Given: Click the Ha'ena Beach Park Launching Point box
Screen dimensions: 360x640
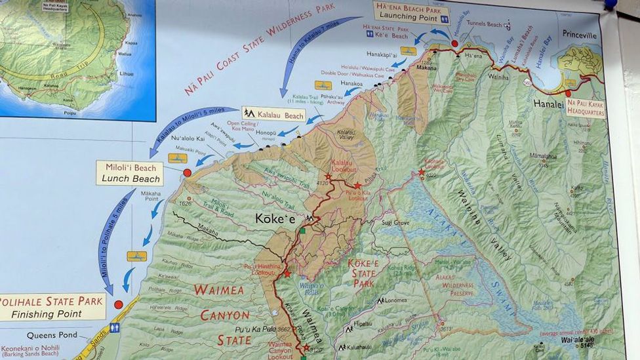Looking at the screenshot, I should (x=411, y=12).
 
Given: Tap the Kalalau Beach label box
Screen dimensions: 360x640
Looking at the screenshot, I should (x=273, y=114).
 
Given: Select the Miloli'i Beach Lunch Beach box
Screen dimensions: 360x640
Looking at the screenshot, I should (x=130, y=173).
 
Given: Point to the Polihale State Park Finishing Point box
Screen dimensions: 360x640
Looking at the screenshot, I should (x=52, y=307).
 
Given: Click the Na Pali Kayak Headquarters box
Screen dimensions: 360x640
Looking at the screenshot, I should (x=586, y=108).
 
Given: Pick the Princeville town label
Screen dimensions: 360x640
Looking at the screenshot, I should (x=579, y=34).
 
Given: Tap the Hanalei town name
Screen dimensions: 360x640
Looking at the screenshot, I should (x=548, y=104).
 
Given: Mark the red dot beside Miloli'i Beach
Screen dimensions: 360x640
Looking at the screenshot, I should (x=187, y=172).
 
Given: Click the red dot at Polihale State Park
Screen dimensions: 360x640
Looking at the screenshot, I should (x=118, y=304).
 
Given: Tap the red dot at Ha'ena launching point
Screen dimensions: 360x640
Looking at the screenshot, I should (x=454, y=43).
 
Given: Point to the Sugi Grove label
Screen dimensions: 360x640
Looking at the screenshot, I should (x=396, y=223).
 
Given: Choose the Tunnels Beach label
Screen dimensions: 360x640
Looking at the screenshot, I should (x=484, y=24).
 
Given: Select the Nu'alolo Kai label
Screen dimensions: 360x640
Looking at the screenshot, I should (x=188, y=138).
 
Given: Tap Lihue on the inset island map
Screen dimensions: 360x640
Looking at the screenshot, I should (x=127, y=73).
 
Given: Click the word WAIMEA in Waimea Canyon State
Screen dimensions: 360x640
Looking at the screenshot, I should (x=218, y=290).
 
